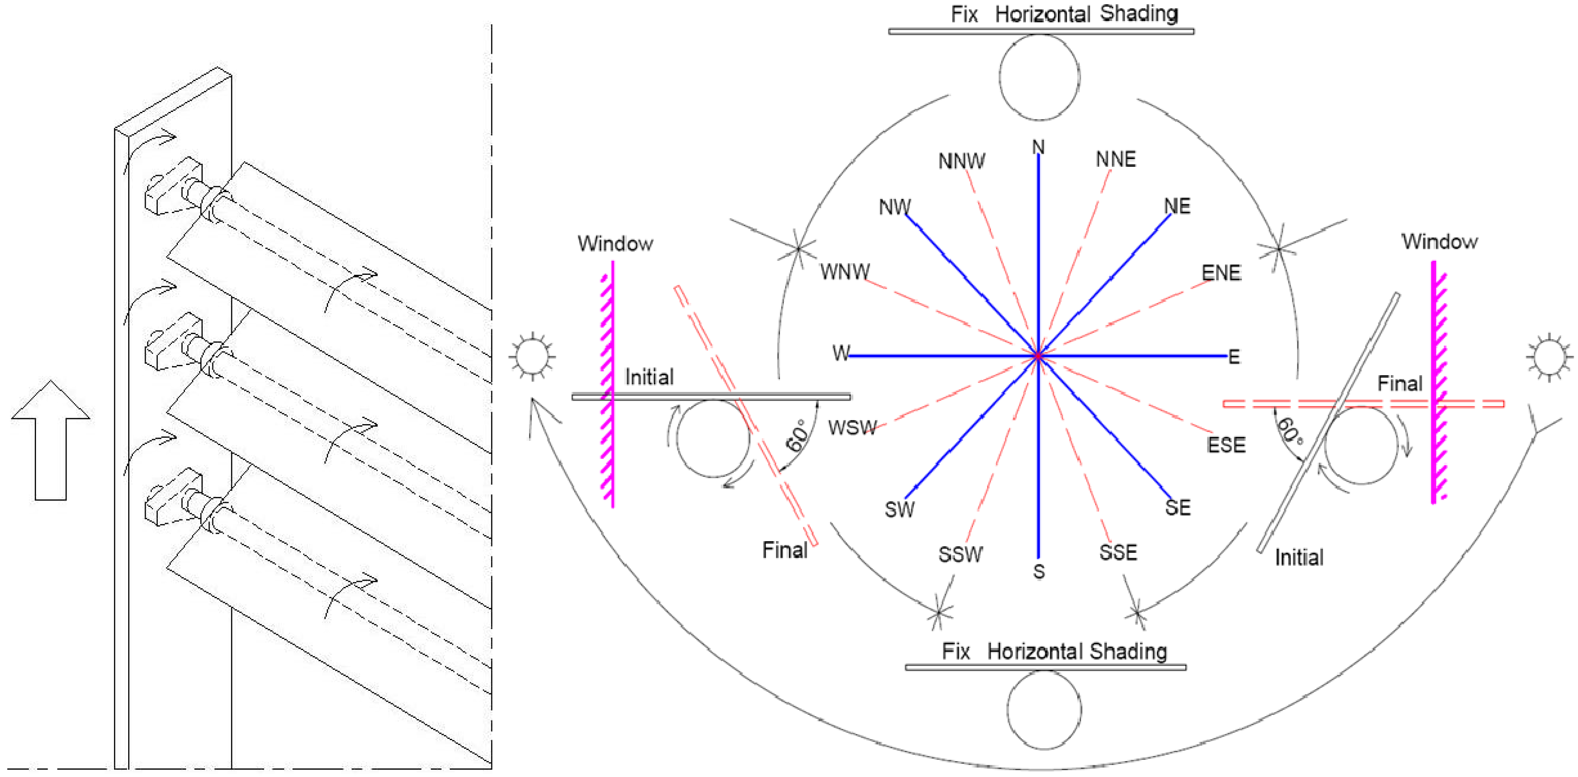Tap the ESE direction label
pos(1226,445)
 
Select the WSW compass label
pos(852,428)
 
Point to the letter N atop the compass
pos(1038,147)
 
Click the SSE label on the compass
pos(1118,553)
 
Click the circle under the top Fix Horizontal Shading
pos(1039,77)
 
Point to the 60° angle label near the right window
pos(1291,431)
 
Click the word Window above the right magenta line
pos(1439,241)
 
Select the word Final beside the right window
pos(1400,384)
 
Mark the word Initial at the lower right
pos(1299,557)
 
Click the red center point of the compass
pos(1038,355)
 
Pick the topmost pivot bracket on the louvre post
pos(173,187)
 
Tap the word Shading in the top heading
pos(1139,13)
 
